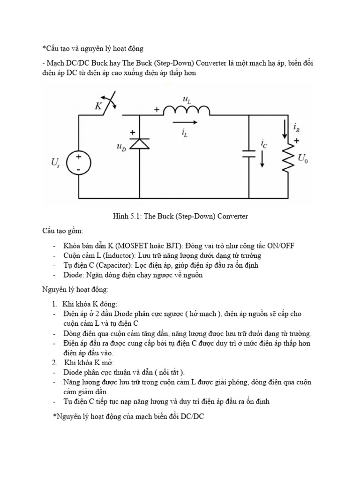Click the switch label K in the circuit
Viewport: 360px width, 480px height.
[x=98, y=106]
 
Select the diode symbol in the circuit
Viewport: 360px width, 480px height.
[x=139, y=144]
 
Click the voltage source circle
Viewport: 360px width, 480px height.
[x=78, y=162]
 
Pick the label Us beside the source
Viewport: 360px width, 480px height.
[x=55, y=163]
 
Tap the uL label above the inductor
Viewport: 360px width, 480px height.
[x=186, y=98]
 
